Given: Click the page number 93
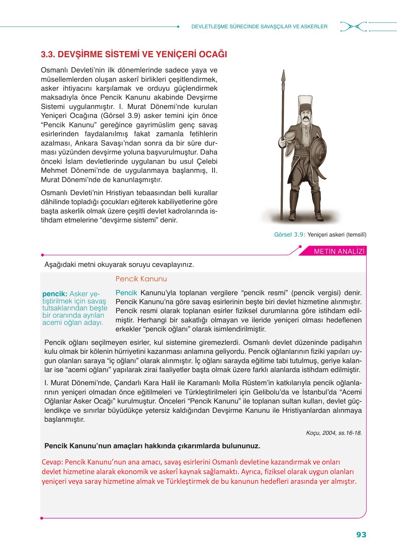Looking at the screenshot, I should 361,535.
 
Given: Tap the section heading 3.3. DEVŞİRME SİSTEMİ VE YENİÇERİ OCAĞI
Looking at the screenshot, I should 134,54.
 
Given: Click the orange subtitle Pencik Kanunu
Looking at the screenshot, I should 141,279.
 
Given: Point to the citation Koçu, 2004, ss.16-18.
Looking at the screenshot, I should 334,433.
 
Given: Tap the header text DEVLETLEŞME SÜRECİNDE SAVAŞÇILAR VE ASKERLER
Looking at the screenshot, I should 259,26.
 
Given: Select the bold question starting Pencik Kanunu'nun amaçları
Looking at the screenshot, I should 152,446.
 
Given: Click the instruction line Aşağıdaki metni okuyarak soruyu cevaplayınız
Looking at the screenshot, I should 119,265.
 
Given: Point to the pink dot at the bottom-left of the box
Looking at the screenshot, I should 42,518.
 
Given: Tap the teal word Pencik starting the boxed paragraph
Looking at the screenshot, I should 126,293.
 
